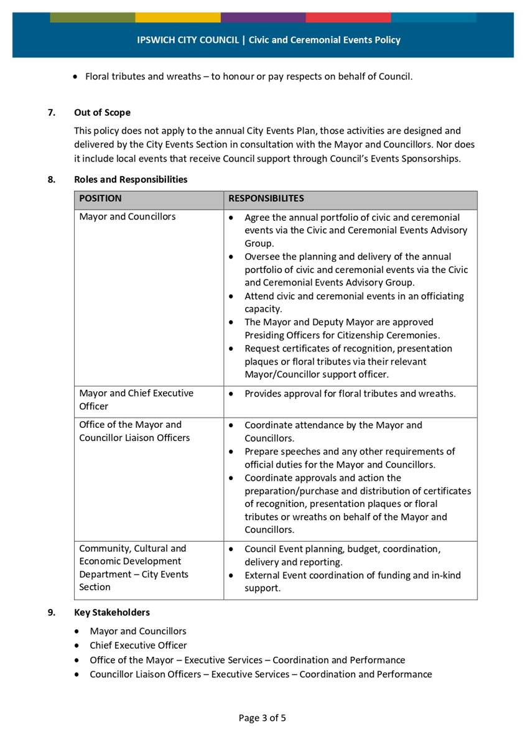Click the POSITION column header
click(100, 198)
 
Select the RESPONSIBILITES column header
click(266, 198)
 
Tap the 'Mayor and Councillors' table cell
click(128, 216)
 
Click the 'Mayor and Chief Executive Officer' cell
click(136, 399)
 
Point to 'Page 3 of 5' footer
click(262, 718)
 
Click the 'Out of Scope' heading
click(102, 113)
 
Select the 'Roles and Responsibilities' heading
click(131, 179)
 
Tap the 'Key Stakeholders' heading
click(112, 612)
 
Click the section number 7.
click(51, 113)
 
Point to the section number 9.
click(51, 612)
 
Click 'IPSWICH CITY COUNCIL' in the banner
click(188, 40)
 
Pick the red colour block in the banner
click(348, 17)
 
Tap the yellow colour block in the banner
click(177, 17)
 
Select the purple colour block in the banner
click(262, 17)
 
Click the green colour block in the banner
click(92, 17)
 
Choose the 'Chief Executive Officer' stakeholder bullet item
click(138, 645)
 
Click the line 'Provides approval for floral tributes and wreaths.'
click(350, 393)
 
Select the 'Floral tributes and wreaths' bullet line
click(248, 77)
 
